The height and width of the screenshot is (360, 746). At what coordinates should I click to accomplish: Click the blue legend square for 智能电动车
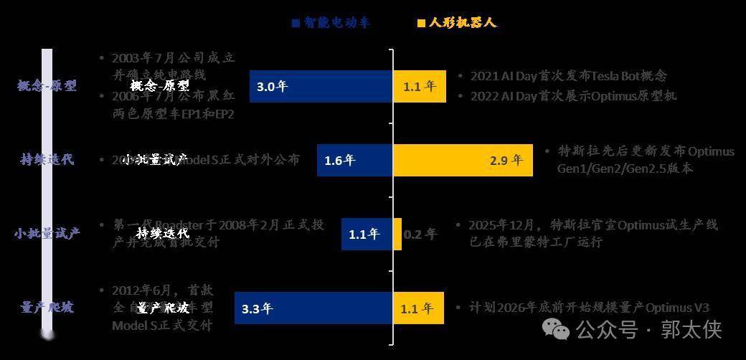[295, 23]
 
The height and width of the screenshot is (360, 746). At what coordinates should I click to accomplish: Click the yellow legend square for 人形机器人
[420, 23]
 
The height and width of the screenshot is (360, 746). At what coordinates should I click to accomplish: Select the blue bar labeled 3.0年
[321, 86]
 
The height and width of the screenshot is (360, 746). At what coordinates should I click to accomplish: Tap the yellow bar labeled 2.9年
[463, 160]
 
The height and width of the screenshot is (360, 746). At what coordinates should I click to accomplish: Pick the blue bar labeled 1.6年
[354, 160]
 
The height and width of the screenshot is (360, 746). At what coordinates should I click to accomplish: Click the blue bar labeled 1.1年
[367, 234]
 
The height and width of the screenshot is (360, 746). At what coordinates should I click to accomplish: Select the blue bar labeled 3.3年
[313, 309]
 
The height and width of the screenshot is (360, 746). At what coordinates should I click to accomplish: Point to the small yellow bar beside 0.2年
[397, 234]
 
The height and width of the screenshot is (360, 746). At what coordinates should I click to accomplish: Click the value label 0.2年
[420, 234]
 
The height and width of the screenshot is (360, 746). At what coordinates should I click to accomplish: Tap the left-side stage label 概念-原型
[47, 85]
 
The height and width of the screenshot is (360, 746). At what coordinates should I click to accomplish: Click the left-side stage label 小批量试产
[47, 234]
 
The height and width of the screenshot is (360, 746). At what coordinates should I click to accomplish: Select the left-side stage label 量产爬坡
[47, 308]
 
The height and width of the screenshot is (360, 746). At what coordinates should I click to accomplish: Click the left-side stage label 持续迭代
[47, 159]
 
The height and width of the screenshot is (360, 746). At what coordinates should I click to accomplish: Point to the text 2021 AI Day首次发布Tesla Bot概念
[569, 76]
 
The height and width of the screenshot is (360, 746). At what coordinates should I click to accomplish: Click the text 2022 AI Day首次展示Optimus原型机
[573, 96]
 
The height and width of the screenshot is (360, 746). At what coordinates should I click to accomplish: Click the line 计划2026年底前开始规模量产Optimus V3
[589, 308]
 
